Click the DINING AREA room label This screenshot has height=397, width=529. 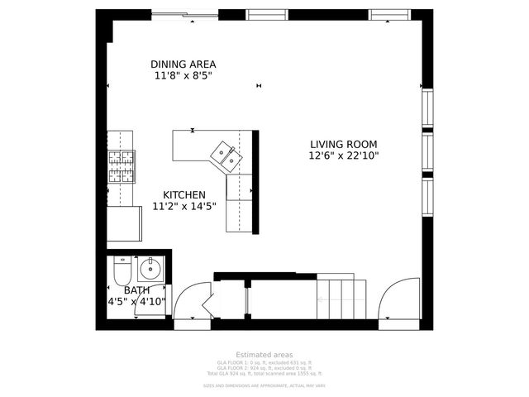pyautogui.click(x=183, y=65)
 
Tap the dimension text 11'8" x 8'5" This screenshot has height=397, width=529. pyautogui.click(x=183, y=76)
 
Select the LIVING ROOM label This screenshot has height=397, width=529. pyautogui.click(x=344, y=142)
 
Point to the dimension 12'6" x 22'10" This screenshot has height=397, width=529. pyautogui.click(x=344, y=155)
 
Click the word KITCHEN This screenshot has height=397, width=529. pyautogui.click(x=183, y=194)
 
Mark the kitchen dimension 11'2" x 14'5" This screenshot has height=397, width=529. pyautogui.click(x=183, y=207)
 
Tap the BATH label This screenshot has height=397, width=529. pyautogui.click(x=136, y=290)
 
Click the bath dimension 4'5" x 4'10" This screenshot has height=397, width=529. pyautogui.click(x=136, y=303)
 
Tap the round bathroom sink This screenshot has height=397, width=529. pyautogui.click(x=150, y=269)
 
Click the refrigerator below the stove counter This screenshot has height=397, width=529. pyautogui.click(x=124, y=223)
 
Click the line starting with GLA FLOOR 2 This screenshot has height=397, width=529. pyautogui.click(x=264, y=369)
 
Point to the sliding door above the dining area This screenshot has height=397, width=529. pyautogui.click(x=184, y=15)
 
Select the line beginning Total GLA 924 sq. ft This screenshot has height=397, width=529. pyautogui.click(x=264, y=375)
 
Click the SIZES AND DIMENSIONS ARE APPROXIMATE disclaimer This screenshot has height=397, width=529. pyautogui.click(x=264, y=385)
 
